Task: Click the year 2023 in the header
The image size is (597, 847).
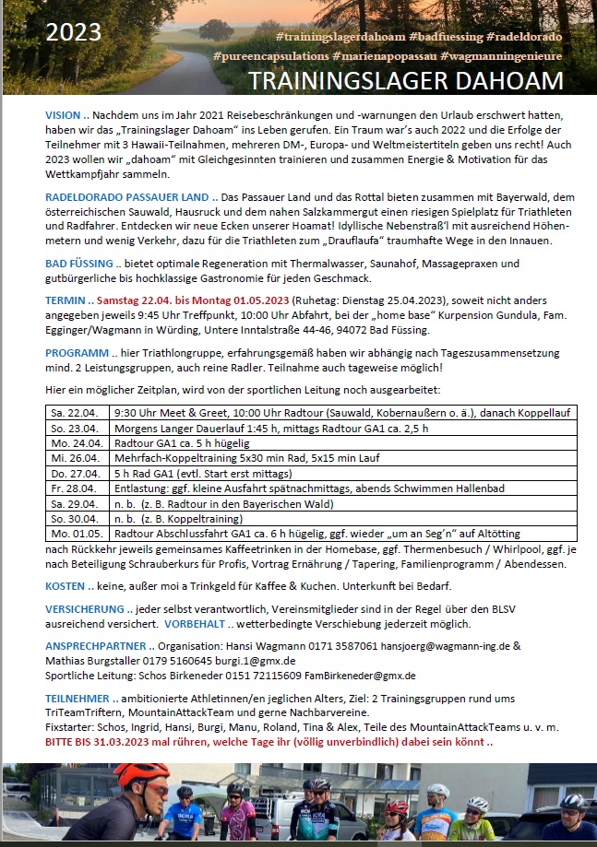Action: coord(75,34)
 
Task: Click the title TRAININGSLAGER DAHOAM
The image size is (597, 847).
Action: coord(406,80)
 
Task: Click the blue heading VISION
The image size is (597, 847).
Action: coord(63,115)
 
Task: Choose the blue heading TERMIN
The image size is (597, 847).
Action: coord(66,300)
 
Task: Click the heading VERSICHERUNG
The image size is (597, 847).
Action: coord(85,609)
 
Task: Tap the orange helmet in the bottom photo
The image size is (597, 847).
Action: coord(140,773)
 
